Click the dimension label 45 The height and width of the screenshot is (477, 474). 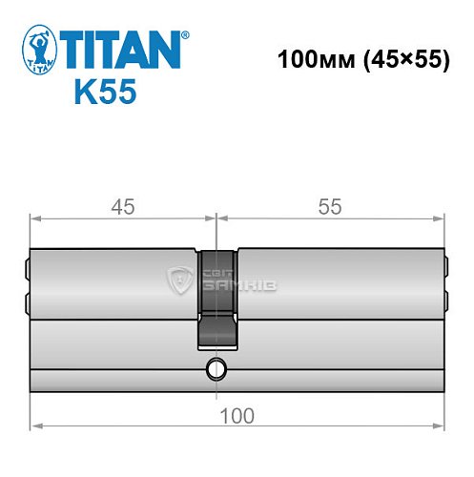coord(121,205)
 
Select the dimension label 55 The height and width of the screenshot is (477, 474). coord(327,205)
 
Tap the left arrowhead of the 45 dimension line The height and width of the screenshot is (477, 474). coord(35,218)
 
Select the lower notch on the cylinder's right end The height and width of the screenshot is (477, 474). coord(445,301)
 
